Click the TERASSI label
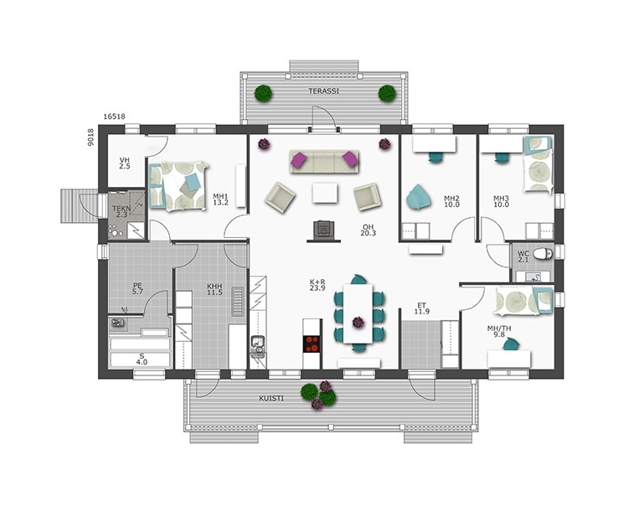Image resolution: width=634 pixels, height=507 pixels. click(x=324, y=91)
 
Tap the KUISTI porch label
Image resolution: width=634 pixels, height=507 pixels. click(x=271, y=399)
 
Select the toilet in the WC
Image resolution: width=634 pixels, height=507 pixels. click(x=542, y=254)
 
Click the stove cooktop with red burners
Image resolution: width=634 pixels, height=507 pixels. click(x=312, y=344)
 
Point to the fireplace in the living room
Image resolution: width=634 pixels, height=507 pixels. click(x=323, y=231)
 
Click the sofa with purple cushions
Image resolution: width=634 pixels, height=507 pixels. click(x=324, y=162)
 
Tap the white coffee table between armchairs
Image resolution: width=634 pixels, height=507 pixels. click(x=325, y=193)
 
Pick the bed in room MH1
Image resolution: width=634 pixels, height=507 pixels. click(x=178, y=186)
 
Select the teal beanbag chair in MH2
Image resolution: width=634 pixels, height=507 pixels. click(x=418, y=197)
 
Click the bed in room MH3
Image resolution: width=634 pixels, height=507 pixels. click(x=537, y=164)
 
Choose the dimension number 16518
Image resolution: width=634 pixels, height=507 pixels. click(x=114, y=116)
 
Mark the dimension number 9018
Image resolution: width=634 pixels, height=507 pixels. click(x=90, y=137)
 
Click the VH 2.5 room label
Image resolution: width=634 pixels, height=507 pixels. click(x=125, y=163)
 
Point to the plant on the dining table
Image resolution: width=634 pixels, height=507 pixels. click(x=358, y=323)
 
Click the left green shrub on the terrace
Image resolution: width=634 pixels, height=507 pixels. click(x=263, y=94)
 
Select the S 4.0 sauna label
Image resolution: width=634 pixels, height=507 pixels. click(x=142, y=359)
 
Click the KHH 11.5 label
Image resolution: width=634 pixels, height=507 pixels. click(x=214, y=289)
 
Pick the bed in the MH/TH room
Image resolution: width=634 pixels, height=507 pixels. click(x=524, y=301)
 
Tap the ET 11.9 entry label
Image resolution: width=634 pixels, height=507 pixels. click(x=422, y=308)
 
